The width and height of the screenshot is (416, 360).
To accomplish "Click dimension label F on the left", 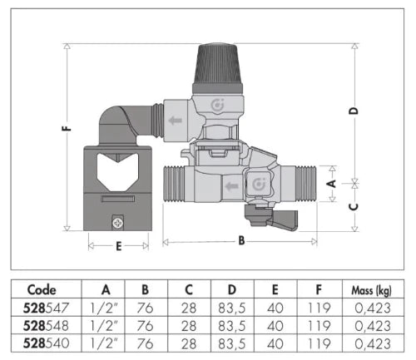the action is tap(67, 129).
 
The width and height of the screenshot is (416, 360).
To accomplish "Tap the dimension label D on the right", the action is tap(354, 111).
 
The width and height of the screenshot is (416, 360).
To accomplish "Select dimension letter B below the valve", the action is tap(241, 240).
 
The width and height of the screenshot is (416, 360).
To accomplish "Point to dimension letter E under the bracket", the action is tap(119, 246).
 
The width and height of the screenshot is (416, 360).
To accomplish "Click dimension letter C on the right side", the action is tap(354, 207).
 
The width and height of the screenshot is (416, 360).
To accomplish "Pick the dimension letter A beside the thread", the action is tap(332, 184).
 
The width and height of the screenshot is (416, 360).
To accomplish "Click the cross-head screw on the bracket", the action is tap(118, 223).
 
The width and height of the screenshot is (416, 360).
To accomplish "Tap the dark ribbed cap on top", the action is tap(218, 68).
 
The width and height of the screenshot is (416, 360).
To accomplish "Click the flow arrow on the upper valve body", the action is tap(175, 121).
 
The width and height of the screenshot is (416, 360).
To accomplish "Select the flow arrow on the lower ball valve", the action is tap(232, 186).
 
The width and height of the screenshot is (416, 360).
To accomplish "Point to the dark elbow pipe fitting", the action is tap(126, 125).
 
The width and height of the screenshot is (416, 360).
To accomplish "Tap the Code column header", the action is tap(42, 290).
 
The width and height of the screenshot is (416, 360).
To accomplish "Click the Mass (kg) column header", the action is tap(372, 291).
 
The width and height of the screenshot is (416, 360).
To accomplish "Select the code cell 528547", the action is tap(46, 308).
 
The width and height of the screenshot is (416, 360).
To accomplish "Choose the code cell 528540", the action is tap(46, 343).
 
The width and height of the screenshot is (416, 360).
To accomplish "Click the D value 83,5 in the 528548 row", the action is tap(232, 326).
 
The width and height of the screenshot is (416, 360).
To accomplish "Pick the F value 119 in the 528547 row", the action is tap(319, 308).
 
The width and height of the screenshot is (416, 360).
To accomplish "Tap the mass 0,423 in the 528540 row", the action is tap(373, 343).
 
